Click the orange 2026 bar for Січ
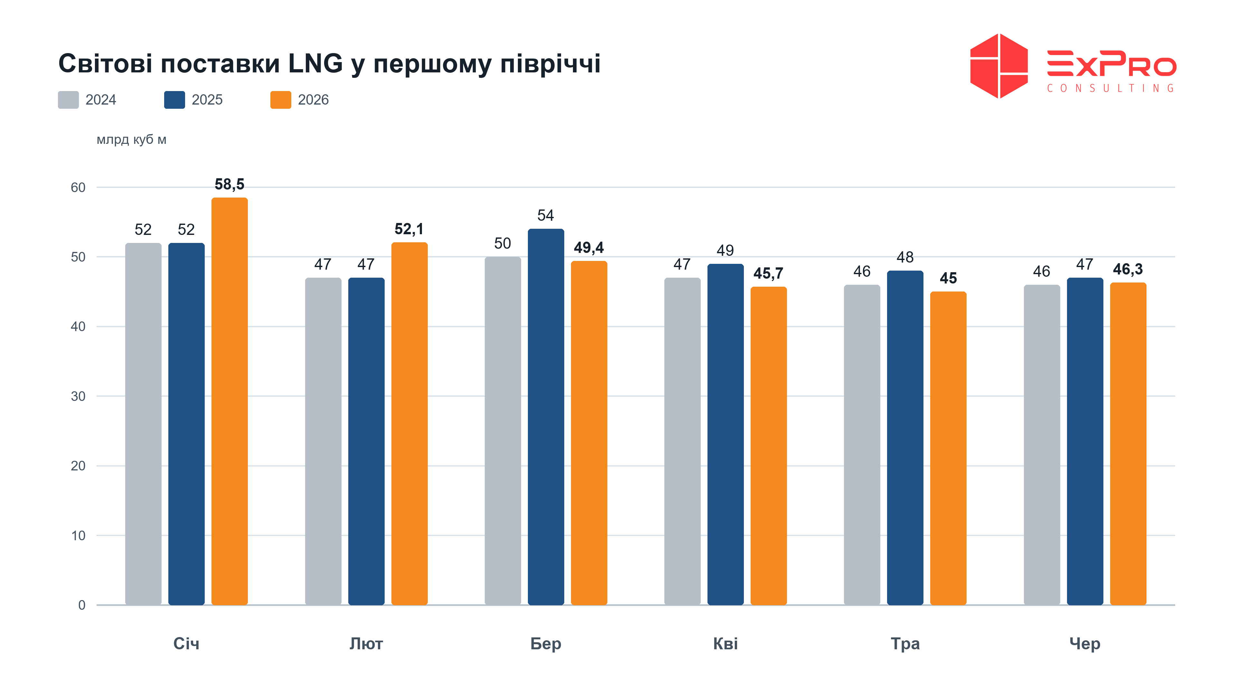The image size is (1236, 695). [x=229, y=401]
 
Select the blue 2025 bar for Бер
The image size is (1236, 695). [x=546, y=417]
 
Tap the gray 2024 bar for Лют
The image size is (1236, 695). [x=323, y=441]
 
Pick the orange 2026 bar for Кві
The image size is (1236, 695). [x=768, y=446]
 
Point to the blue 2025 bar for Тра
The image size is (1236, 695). [x=905, y=438]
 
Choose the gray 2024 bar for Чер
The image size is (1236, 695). [x=1042, y=445]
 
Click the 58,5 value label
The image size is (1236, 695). [x=229, y=184]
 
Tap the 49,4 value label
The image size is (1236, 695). [x=589, y=247]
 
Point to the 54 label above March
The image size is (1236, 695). [x=546, y=215]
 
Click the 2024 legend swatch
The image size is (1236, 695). [x=68, y=100]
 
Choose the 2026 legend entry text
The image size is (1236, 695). [x=313, y=100]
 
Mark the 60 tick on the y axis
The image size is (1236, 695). [x=78, y=188]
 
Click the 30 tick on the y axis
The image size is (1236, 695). [x=78, y=396]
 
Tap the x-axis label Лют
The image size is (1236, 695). [x=366, y=643]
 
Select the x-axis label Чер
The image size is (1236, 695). [x=1085, y=644]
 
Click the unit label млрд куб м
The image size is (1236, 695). [x=131, y=140]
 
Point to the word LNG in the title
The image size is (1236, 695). [x=315, y=63]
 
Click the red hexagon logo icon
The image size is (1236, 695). [x=999, y=66]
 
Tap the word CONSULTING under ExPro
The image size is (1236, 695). [x=1111, y=88]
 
